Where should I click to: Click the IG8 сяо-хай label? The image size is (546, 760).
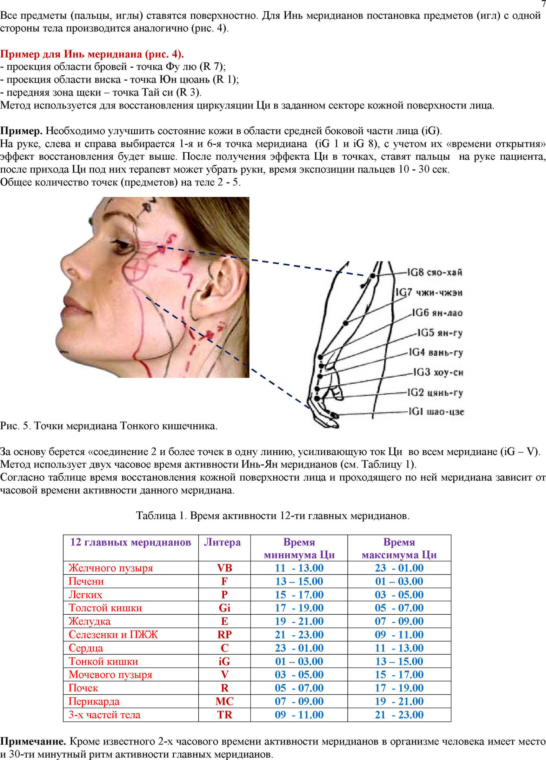[434, 272]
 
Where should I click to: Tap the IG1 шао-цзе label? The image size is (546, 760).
[436, 411]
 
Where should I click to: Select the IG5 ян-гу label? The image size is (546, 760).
[440, 332]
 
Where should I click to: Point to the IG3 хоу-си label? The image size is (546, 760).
[438, 372]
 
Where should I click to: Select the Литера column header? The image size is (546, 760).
[222, 542]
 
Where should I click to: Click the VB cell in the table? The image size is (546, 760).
[225, 568]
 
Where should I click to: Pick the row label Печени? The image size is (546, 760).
[86, 581]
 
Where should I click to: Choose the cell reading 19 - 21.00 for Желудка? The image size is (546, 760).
[299, 621]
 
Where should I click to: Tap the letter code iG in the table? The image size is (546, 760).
[224, 661]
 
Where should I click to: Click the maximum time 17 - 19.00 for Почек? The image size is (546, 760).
[399, 688]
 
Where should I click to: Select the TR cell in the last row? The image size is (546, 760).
[225, 714]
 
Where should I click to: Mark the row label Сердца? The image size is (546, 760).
[86, 648]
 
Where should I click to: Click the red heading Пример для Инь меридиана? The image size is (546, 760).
[92, 54]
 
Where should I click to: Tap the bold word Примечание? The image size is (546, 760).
[33, 741]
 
